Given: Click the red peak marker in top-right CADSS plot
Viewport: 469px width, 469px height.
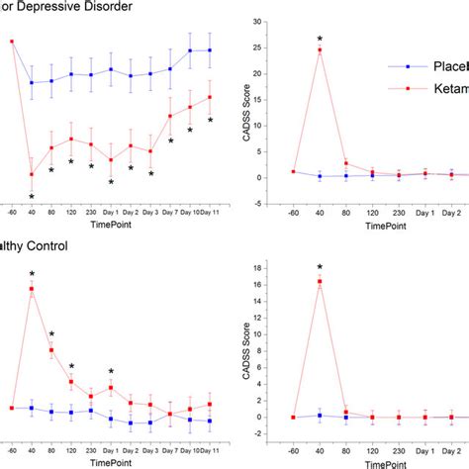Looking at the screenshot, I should pos(321,49).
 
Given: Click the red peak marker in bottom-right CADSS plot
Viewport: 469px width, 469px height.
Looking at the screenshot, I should pos(321,282).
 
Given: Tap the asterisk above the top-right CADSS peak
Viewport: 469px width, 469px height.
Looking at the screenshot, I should pos(321,40).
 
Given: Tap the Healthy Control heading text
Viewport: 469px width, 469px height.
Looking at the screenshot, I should pos(34,246).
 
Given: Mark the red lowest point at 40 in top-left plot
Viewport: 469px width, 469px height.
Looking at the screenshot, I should pos(32,175).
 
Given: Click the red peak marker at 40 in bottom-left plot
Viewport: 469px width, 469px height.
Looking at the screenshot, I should pos(32,290).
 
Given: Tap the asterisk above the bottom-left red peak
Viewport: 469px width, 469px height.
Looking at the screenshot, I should pos(32,276).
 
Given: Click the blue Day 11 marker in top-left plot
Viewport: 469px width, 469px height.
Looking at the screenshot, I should pos(210,49).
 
